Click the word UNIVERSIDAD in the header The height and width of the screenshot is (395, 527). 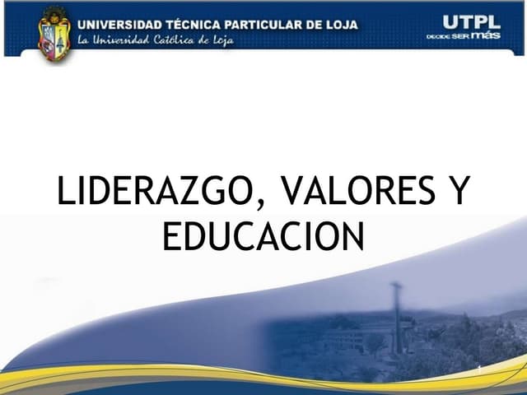[119, 24]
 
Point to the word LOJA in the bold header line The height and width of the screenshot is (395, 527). [342, 24]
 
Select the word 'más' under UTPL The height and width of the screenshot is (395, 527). [486, 35]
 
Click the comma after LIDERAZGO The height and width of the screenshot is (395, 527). [257, 204]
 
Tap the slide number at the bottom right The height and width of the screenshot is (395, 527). [478, 366]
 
